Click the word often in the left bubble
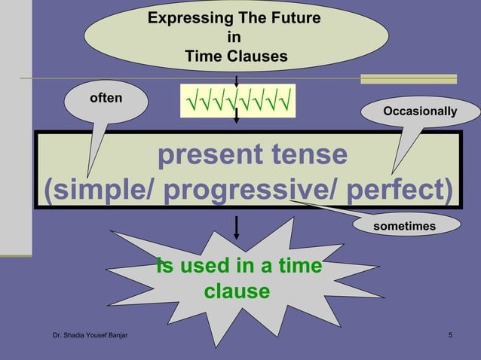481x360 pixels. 106,98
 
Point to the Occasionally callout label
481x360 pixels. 420,111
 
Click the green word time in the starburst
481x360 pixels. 299,267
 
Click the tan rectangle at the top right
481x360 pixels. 408,79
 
